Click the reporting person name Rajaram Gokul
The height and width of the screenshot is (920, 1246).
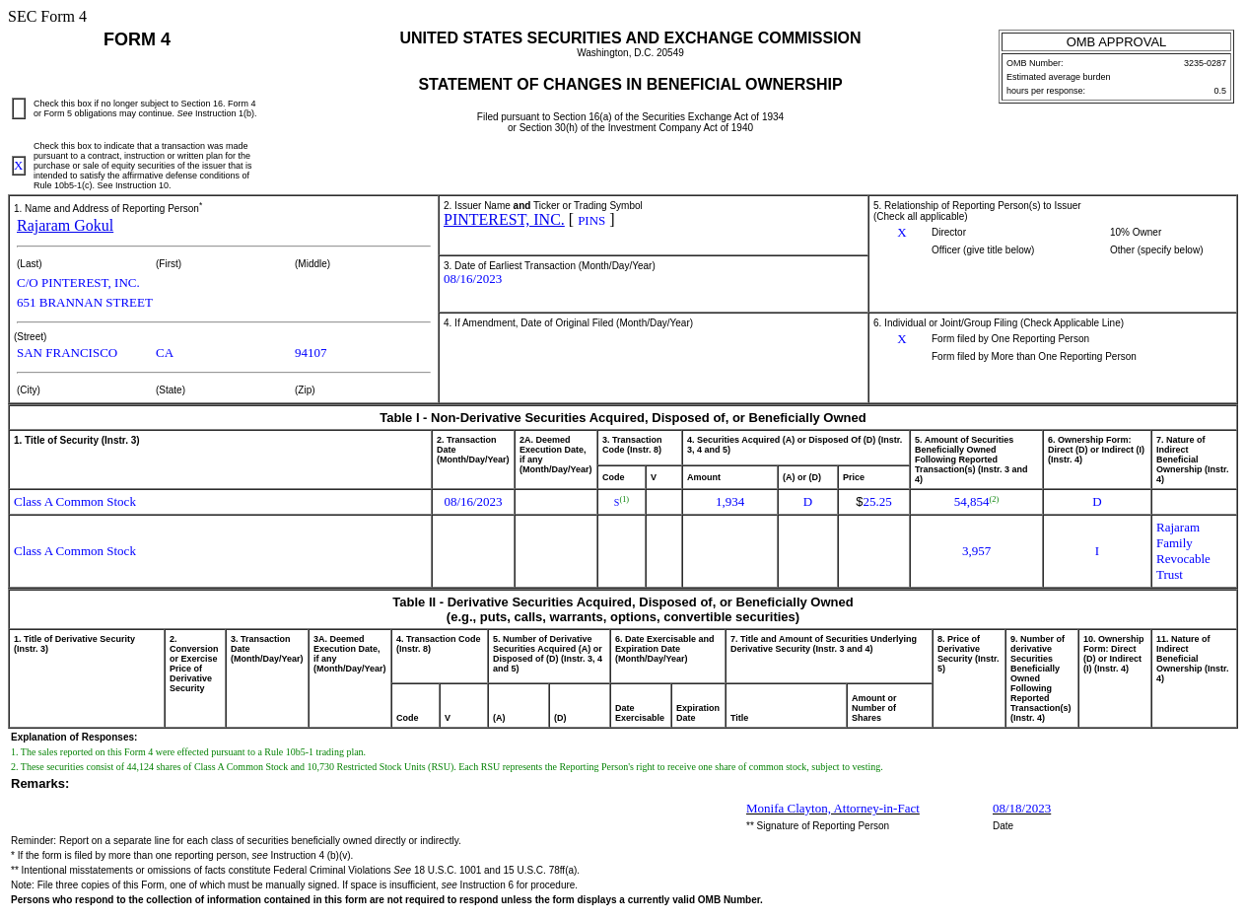(x=65, y=226)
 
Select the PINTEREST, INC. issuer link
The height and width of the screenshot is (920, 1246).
(x=504, y=220)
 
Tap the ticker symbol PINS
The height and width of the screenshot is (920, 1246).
(x=591, y=221)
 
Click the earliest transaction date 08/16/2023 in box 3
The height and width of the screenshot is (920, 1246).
(x=472, y=279)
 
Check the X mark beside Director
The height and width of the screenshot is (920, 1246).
(x=902, y=233)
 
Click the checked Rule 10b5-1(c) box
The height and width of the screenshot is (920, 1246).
(x=19, y=166)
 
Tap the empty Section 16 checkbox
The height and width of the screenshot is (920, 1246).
(x=19, y=108)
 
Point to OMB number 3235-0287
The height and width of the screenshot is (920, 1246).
(x=1205, y=63)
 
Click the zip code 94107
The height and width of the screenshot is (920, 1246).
(x=311, y=353)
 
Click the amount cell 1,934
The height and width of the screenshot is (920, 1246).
(x=729, y=502)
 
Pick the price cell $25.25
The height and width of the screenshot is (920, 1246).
(x=873, y=502)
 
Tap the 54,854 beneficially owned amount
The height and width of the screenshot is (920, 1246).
(x=973, y=502)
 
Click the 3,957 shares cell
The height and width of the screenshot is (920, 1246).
(x=976, y=551)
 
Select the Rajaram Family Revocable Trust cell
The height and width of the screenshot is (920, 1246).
(x=1183, y=551)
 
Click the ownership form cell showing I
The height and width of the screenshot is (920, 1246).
(x=1096, y=551)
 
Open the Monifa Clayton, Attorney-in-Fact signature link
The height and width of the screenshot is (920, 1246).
(x=832, y=809)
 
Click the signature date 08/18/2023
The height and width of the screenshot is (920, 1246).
(x=1021, y=809)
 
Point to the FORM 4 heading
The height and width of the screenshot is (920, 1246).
(x=137, y=39)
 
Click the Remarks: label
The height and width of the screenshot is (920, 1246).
(x=40, y=784)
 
